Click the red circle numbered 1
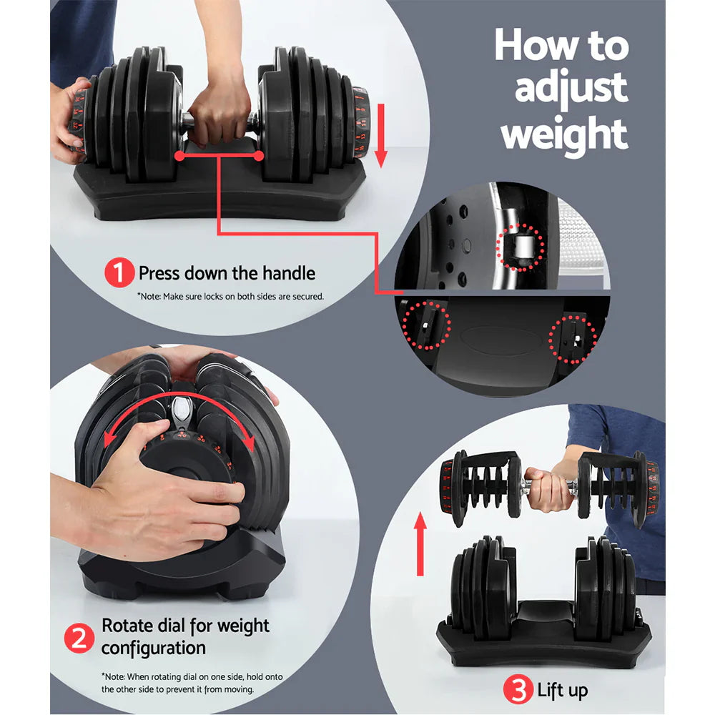(119, 272)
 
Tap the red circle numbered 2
(80, 636)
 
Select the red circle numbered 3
(517, 690)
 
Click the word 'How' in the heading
(534, 46)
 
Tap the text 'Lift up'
(562, 691)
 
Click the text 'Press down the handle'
(227, 273)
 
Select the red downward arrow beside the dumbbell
(380, 134)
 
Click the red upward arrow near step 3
(420, 543)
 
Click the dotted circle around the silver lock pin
(521, 247)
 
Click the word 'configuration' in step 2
(154, 648)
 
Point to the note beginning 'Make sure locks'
(230, 295)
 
